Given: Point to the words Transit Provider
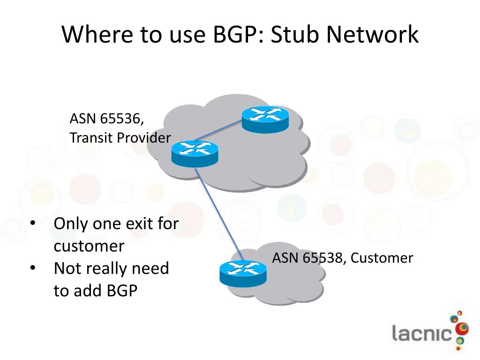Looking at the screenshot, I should [x=120, y=138].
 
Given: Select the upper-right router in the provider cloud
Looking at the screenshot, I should [x=265, y=119].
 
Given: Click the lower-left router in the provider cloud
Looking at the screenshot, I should [x=195, y=153].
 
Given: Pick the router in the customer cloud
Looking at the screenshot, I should [x=243, y=273].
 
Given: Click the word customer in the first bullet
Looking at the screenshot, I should [x=89, y=246].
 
